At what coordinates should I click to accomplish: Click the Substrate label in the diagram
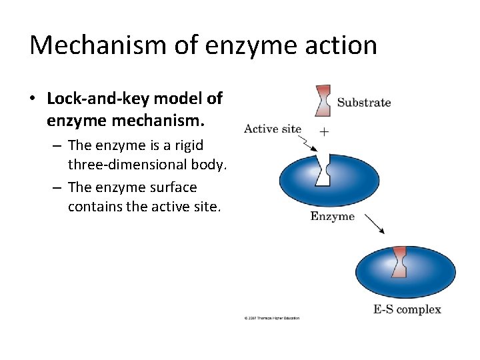[x=364, y=103]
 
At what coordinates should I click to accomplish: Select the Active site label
[x=272, y=129]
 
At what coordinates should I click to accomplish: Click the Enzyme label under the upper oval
[x=332, y=217]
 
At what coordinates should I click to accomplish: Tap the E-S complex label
[x=407, y=309]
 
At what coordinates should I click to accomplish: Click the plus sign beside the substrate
[x=324, y=131]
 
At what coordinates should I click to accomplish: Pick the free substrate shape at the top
[x=323, y=100]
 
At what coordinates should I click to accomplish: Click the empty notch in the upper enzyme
[x=324, y=171]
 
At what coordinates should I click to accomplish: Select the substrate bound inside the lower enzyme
[x=399, y=261]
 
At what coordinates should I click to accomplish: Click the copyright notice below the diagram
[x=272, y=318]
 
